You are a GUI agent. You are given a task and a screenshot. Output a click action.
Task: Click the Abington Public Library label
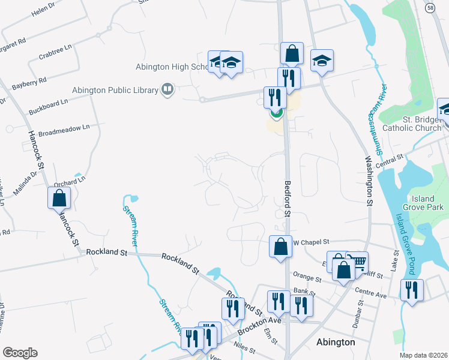115,90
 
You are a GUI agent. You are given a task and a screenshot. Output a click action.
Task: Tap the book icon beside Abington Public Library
167,90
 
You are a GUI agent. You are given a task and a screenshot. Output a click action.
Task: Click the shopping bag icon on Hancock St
59,197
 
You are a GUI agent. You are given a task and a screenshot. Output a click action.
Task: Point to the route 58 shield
430,7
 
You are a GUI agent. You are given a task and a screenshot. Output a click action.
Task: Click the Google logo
20,352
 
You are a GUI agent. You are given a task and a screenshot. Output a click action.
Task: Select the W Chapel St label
312,242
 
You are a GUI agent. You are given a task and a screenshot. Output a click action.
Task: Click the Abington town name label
336,342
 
